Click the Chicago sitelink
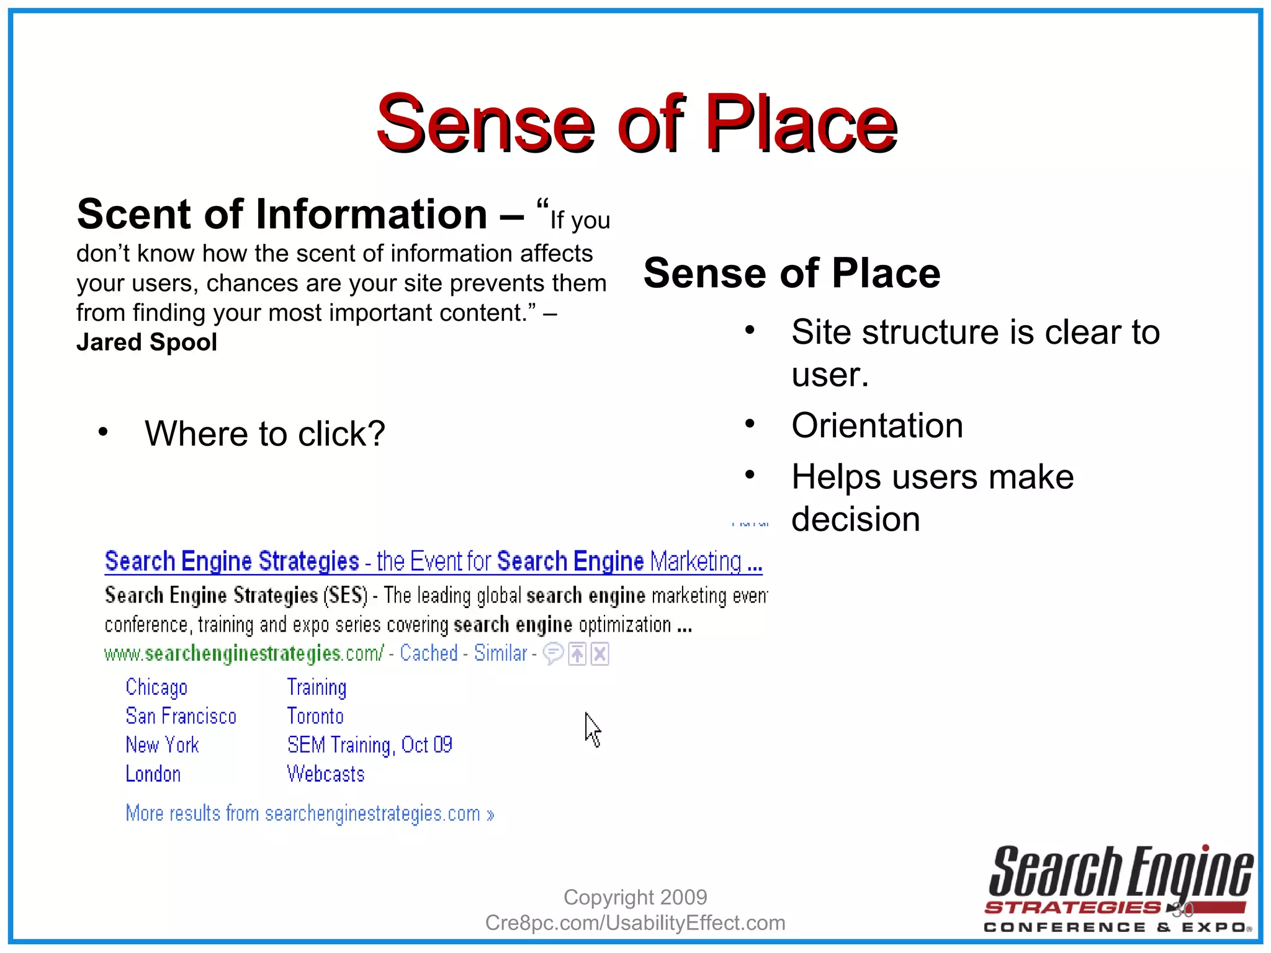click(x=156, y=687)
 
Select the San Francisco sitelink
click(x=181, y=717)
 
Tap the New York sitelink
click(x=162, y=745)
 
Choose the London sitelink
click(x=153, y=774)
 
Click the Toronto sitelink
click(x=315, y=717)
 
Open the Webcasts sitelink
click(x=326, y=774)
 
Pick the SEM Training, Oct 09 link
click(x=370, y=745)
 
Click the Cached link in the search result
click(x=429, y=653)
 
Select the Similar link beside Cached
click(x=500, y=653)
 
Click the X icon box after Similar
click(x=600, y=654)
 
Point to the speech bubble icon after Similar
click(x=553, y=653)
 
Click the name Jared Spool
click(x=147, y=342)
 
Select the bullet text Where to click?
click(x=265, y=433)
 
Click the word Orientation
click(x=877, y=426)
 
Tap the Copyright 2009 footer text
click(x=635, y=897)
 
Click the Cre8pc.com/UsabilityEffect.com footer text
click(x=635, y=923)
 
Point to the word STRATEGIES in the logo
click(x=1072, y=908)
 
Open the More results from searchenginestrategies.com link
click(x=310, y=813)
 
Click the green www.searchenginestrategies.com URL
click(x=244, y=653)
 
